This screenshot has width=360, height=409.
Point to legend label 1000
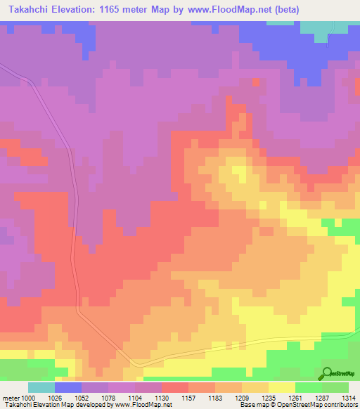click(x=28, y=398)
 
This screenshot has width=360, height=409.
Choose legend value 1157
click(x=188, y=398)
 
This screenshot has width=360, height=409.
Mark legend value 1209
click(x=242, y=398)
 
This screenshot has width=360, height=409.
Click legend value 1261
click(x=295, y=398)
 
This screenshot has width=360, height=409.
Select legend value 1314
click(x=349, y=398)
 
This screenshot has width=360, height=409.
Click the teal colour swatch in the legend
click(x=41, y=387)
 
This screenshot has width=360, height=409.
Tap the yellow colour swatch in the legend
click(x=282, y=387)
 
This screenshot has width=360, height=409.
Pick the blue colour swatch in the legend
click(x=68, y=387)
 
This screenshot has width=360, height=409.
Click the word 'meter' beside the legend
click(x=11, y=398)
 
